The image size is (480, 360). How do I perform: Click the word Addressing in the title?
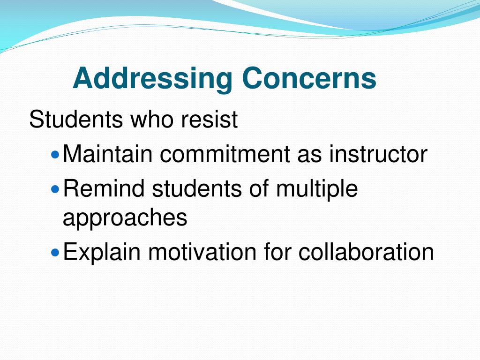[x=152, y=78]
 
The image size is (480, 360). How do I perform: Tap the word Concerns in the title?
[x=309, y=78]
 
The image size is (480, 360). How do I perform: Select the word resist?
[x=210, y=120]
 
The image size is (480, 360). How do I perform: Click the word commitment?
[x=224, y=154]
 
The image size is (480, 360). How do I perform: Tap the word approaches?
[x=125, y=218]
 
